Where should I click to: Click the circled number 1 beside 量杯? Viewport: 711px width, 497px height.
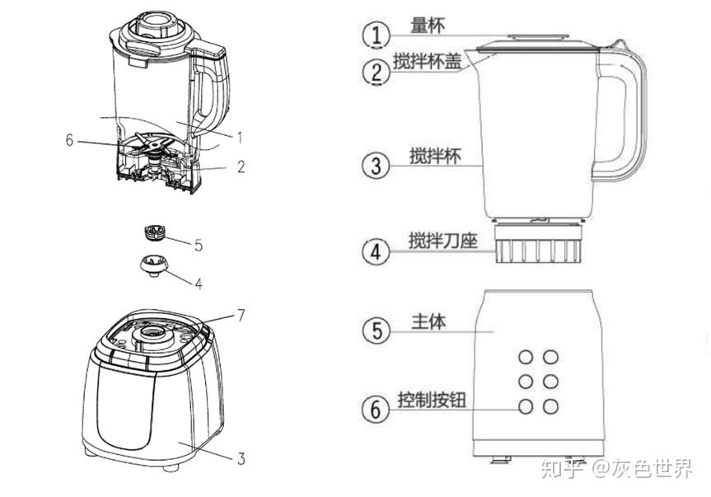tap(377, 35)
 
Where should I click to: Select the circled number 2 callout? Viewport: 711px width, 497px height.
tap(377, 72)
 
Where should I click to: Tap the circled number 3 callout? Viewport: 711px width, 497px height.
tap(377, 165)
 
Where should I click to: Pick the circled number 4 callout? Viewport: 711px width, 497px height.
tap(377, 251)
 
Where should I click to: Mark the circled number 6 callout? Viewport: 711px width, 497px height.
tap(377, 409)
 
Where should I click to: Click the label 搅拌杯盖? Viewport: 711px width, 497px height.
tap(426, 61)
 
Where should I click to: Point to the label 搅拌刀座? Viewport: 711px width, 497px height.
tap(442, 241)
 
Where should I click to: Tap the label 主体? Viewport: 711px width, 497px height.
tap(428, 321)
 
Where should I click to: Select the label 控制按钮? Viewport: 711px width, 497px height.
tap(432, 400)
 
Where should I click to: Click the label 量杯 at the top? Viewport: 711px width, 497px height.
tap(428, 25)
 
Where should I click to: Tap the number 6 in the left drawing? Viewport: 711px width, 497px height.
tap(69, 140)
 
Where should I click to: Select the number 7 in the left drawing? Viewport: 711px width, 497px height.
tap(241, 315)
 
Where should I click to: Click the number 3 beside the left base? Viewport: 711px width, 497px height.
tap(241, 459)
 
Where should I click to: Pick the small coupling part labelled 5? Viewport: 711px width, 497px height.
tap(153, 232)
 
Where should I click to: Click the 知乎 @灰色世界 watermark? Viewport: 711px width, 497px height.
tap(615, 469)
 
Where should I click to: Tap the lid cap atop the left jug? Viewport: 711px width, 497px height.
tap(155, 22)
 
